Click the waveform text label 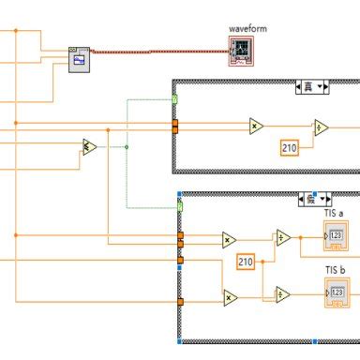coord(247,29)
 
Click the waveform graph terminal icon coord(242,52)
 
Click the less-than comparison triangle coord(89,146)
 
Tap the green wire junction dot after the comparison coord(127,146)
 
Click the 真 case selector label coord(310,87)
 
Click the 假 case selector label coord(310,199)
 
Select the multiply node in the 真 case coord(256,127)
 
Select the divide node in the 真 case coord(321,127)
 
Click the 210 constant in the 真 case coord(292,147)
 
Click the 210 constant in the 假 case coord(247,262)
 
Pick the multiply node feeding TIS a coord(230,240)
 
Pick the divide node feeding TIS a coord(282,238)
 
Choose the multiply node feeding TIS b coord(230,299)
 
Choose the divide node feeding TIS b coord(282,294)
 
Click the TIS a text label coord(335,214)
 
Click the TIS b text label coord(335,271)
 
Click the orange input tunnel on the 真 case coord(175,126)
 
